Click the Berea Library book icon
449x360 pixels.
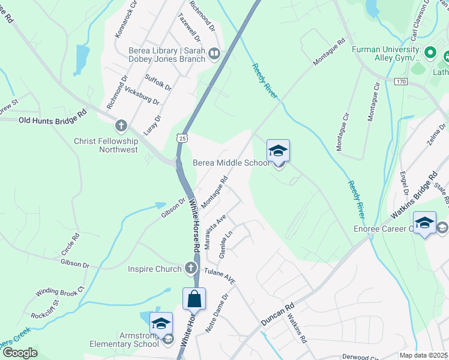(x=214, y=55)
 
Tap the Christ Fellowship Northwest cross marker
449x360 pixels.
(x=121, y=126)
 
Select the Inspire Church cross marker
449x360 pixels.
(x=191, y=268)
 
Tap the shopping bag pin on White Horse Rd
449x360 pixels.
(x=194, y=299)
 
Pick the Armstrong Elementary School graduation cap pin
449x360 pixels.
(x=161, y=324)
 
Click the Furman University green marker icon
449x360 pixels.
(x=429, y=53)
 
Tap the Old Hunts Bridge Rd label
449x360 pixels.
(x=48, y=121)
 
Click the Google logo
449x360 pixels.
(x=20, y=352)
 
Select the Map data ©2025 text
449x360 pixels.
(x=423, y=355)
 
